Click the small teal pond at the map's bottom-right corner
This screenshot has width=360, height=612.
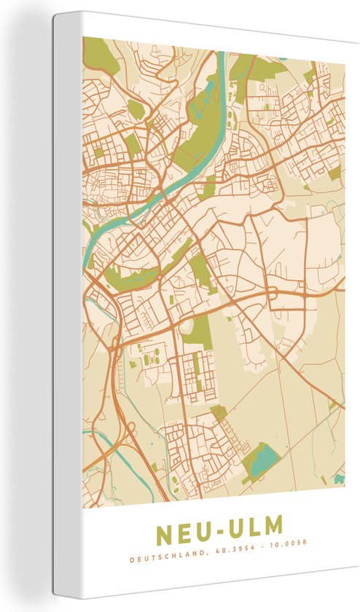point(339,479)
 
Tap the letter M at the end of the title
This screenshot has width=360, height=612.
point(270,526)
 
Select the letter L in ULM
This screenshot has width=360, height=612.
point(249,526)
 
